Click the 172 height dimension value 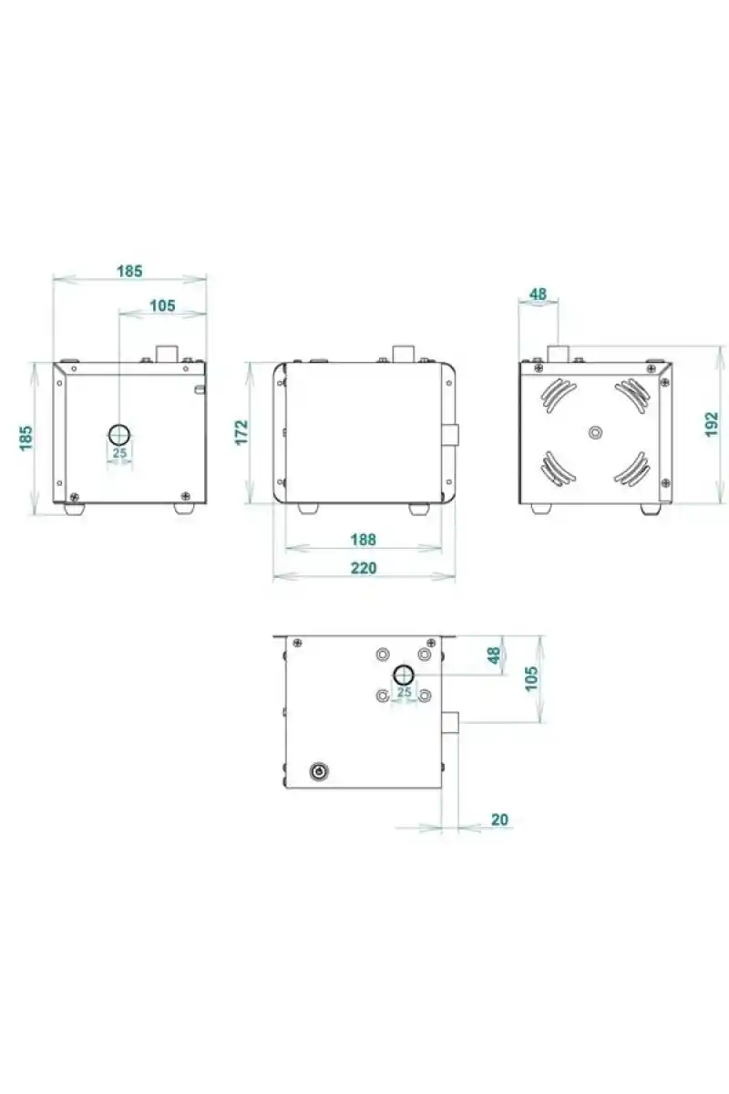[x=241, y=432]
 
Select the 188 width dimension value [x=364, y=539]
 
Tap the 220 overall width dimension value [x=364, y=568]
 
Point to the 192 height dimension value [x=712, y=424]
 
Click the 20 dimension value [x=499, y=819]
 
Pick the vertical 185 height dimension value [x=26, y=439]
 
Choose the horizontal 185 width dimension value [x=129, y=271]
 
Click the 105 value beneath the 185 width [x=162, y=305]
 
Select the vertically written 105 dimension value [x=531, y=678]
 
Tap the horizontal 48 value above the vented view [x=538, y=294]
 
